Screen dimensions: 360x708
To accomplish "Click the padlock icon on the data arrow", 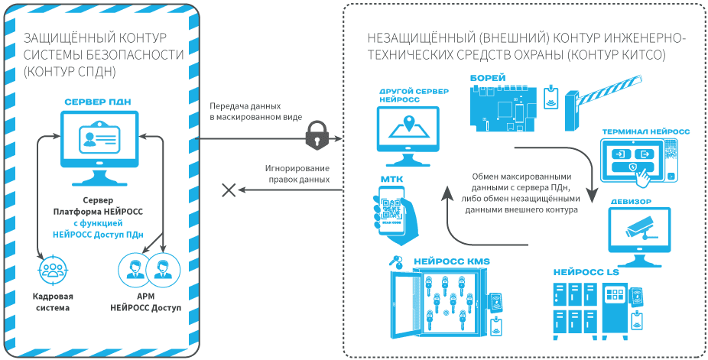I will tap(317, 135).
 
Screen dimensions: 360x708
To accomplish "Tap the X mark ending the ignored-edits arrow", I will tap(227, 190).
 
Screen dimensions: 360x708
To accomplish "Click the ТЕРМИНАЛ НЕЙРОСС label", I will tap(645, 131).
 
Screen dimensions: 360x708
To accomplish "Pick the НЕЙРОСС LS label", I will tap(586, 272).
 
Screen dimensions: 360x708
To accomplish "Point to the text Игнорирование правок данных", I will tap(297, 173).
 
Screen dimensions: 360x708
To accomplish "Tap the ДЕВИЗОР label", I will tap(632, 202).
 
